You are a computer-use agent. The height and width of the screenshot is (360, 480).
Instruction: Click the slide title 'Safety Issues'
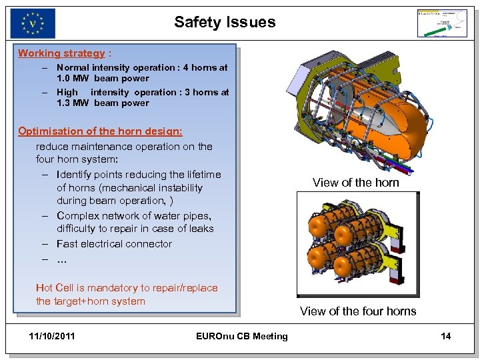225,22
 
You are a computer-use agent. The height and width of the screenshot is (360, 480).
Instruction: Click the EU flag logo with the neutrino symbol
33,23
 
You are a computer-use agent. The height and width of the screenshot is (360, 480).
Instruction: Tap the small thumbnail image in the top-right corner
442,23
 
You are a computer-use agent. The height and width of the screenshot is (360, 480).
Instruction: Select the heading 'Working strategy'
61,53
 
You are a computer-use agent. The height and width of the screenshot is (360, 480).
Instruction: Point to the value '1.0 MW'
72,79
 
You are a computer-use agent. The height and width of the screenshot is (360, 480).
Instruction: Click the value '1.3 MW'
72,103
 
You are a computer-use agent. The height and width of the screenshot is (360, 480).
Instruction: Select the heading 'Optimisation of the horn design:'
100,131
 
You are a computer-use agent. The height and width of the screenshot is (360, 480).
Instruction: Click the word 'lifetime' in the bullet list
199,175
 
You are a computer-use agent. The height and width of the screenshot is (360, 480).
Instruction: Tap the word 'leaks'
201,229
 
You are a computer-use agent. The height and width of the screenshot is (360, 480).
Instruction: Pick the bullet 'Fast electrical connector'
114,244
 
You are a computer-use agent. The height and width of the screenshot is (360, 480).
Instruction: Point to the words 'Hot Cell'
54,288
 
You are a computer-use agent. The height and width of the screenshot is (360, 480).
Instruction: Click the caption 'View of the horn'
355,183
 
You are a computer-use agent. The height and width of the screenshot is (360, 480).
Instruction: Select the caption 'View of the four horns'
358,311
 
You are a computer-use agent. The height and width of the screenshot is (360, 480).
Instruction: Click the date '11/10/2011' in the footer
53,336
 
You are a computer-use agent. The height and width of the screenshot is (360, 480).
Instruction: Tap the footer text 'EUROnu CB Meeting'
242,336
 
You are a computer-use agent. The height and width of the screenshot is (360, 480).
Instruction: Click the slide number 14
445,336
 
